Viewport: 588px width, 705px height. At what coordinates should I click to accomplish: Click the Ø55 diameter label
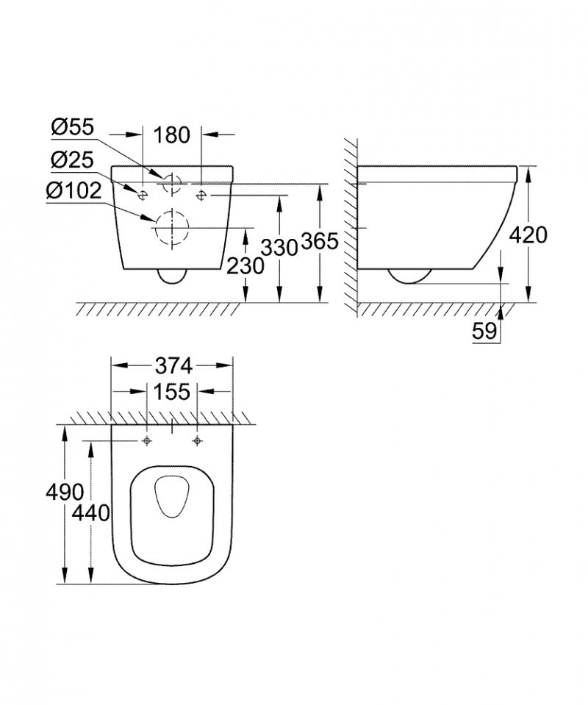73,127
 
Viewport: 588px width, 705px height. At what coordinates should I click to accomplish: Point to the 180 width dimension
172,135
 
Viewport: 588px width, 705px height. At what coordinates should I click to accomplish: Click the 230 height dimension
245,265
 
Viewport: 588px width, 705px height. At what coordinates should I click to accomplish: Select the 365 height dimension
319,242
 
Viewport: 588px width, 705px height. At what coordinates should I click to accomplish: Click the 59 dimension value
484,332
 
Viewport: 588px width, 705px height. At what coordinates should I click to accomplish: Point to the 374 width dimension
172,365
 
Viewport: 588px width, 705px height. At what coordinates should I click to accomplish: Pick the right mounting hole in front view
201,194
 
